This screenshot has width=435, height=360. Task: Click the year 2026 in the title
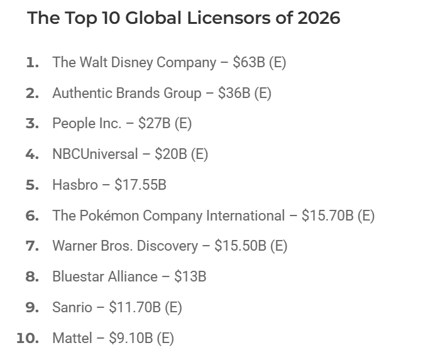point(319,18)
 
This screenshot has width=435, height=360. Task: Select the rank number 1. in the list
point(33,62)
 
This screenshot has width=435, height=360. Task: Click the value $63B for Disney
point(249,62)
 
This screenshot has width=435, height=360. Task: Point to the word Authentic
point(82,93)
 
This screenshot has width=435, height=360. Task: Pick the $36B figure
point(234,93)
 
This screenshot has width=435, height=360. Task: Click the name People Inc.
point(87,123)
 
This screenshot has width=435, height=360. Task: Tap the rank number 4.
point(32,154)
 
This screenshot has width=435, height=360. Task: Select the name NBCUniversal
point(95,154)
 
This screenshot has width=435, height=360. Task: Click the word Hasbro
point(75,185)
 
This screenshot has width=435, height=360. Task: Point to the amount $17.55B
point(140,185)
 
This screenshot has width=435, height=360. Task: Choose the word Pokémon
point(109,215)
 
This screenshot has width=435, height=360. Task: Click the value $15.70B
point(328,215)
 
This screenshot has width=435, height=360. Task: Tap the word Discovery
point(167,246)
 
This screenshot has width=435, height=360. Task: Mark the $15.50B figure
point(240,246)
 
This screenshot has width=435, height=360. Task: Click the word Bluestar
point(77,277)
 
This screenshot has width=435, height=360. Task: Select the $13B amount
point(190,277)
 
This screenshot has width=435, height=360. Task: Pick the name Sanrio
point(72,307)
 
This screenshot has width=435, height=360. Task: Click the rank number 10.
point(28,339)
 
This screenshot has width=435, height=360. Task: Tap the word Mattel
point(72,338)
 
